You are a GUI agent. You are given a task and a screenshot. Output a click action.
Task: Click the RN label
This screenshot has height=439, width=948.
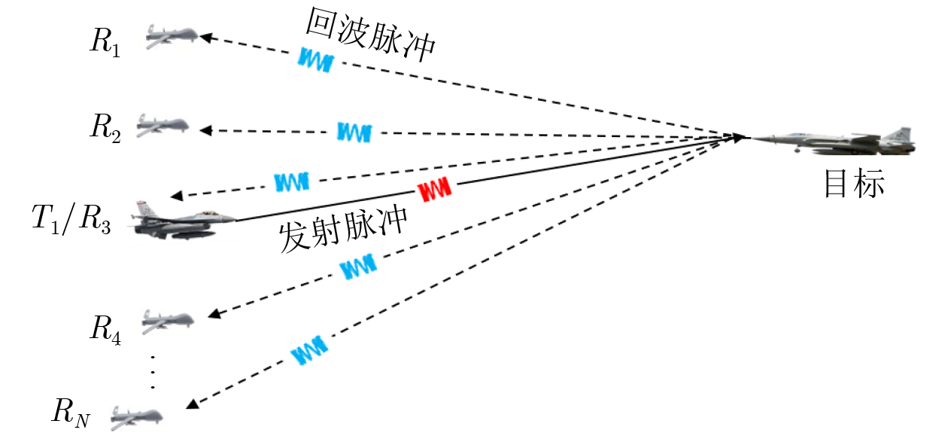click(x=71, y=413)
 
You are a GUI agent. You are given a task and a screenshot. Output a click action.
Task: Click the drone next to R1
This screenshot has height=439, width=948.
click(x=171, y=36)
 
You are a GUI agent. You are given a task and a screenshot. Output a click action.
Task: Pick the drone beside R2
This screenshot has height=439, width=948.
click(x=161, y=125)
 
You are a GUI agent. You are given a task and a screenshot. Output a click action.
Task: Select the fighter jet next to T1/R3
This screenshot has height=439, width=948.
click(x=181, y=221)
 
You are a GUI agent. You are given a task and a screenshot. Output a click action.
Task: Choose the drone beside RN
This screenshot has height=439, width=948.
click(x=135, y=413)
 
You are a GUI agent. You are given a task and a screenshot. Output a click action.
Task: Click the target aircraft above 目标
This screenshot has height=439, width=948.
click(x=835, y=141)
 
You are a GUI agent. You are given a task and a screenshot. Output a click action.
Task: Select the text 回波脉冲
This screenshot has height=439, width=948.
click(x=370, y=36)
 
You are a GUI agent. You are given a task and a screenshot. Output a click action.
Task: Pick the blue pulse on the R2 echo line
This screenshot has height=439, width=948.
click(x=353, y=133)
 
